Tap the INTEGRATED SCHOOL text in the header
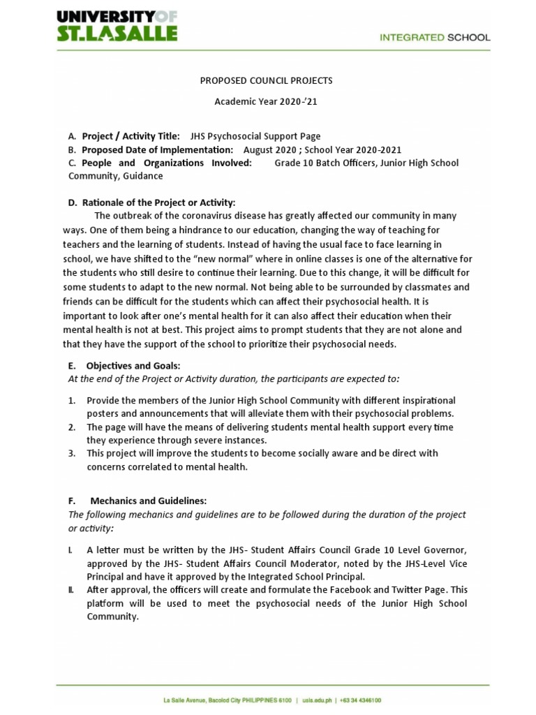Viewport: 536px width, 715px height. click(x=434, y=38)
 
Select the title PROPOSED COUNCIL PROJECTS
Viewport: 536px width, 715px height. click(x=266, y=80)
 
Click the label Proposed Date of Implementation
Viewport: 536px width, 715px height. click(x=157, y=149)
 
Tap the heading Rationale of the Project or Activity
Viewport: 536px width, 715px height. click(x=158, y=202)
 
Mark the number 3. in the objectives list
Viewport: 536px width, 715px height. click(x=72, y=453)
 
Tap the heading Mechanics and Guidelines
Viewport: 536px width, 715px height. click(x=148, y=501)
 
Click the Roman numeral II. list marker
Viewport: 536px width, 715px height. click(x=71, y=590)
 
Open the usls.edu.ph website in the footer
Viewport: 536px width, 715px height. click(x=318, y=700)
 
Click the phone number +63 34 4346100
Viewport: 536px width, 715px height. click(x=361, y=700)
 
